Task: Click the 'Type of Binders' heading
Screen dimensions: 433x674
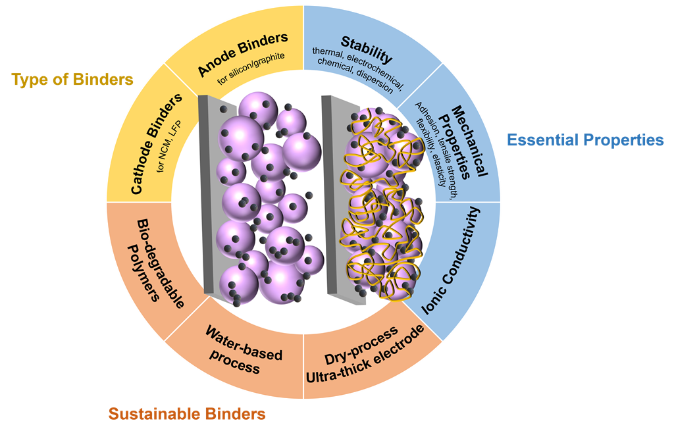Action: [x=72, y=80]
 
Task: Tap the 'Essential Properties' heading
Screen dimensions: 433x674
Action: [x=585, y=140]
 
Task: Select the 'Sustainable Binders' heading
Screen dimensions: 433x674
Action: [x=187, y=414]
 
